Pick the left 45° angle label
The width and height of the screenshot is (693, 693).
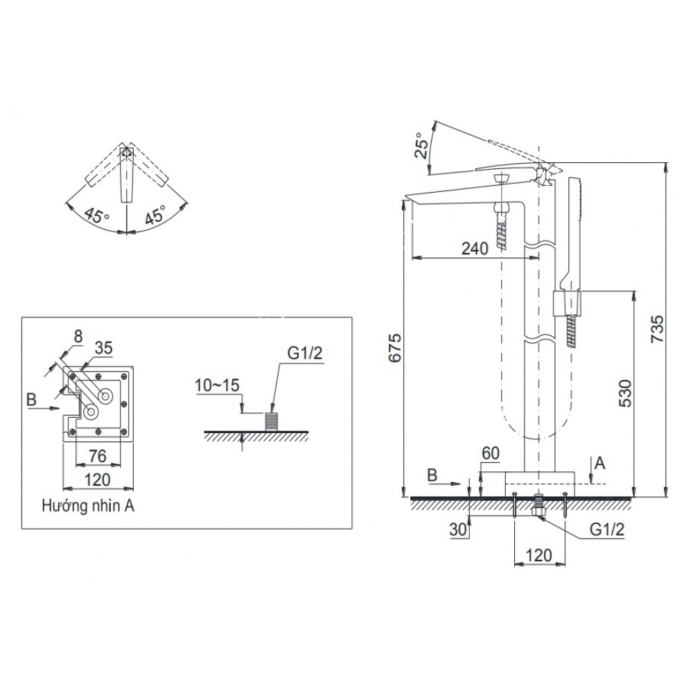click(96, 215)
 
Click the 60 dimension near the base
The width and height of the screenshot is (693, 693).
click(490, 453)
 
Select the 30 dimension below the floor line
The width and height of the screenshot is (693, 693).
click(456, 529)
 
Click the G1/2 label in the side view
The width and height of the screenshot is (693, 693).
click(608, 529)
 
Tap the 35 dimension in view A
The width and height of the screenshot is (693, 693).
click(103, 348)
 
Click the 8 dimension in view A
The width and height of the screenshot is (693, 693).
click(78, 335)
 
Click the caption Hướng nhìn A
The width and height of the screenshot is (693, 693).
click(87, 506)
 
